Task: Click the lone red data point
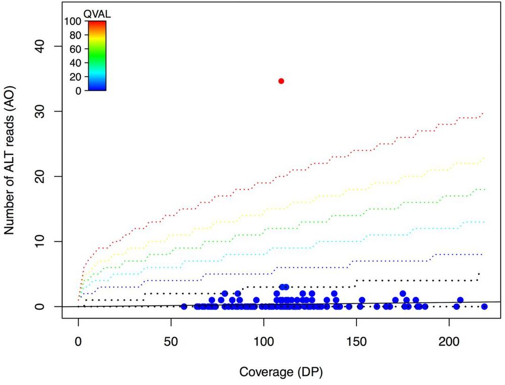click(281, 81)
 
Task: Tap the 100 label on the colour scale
click(73, 22)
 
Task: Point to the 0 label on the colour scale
click(78, 91)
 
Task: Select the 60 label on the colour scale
click(75, 49)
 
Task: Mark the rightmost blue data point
click(484, 306)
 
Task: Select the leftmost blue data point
click(184, 306)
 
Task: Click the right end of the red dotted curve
click(483, 113)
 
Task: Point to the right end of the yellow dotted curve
click(483, 158)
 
